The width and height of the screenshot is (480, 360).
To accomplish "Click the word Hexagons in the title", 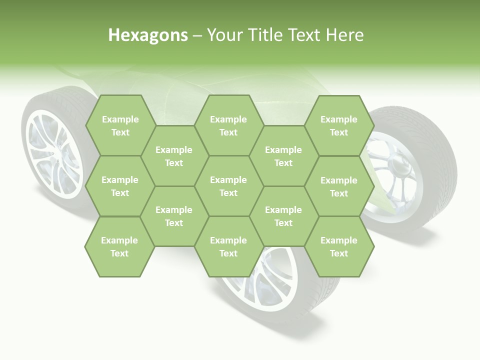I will (x=148, y=35).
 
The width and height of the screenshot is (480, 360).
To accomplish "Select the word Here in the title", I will (x=344, y=35).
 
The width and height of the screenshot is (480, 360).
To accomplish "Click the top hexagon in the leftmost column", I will (x=120, y=125).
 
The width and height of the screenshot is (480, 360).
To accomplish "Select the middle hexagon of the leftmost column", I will (x=120, y=186).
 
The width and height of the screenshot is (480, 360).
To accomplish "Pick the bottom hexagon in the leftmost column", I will (x=119, y=246).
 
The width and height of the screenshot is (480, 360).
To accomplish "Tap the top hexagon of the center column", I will (x=228, y=125).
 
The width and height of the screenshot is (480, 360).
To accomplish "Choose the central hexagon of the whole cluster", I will (x=228, y=186).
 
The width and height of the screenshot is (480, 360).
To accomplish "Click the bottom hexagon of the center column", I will (x=228, y=246).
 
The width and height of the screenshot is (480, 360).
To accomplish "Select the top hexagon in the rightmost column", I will (x=339, y=125).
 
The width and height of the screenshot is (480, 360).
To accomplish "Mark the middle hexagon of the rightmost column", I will (x=339, y=186).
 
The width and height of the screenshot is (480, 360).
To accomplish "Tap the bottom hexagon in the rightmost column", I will (x=339, y=246).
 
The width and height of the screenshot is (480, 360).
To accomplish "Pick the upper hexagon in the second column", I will (x=174, y=156).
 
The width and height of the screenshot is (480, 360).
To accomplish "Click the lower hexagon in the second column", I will (x=174, y=216).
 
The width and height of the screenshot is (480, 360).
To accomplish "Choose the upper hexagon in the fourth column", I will (x=283, y=156).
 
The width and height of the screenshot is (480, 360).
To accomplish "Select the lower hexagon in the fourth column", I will (x=283, y=216).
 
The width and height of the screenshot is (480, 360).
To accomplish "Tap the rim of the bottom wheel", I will (x=270, y=280).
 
